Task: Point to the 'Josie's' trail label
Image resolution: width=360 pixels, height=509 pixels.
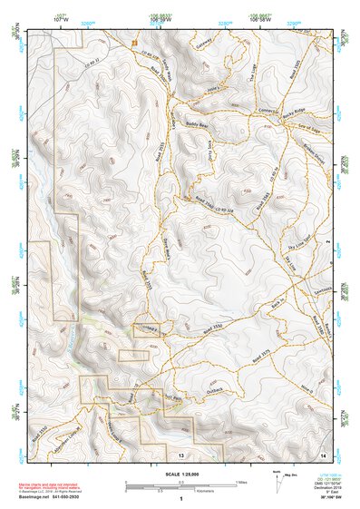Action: point(214,90)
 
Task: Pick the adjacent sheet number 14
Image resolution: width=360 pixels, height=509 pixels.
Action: point(324,454)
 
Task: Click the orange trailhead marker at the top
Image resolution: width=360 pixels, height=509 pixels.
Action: point(134,43)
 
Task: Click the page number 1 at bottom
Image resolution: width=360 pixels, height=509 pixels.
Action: point(180,498)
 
